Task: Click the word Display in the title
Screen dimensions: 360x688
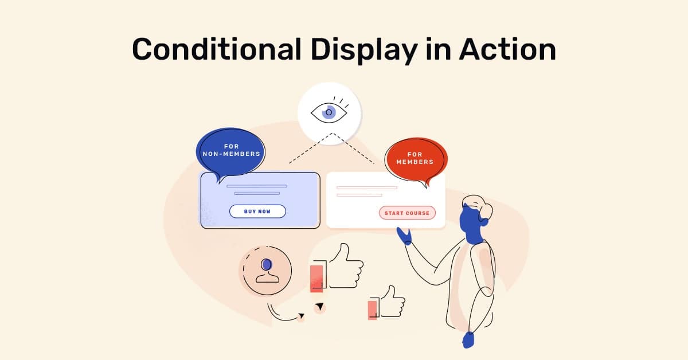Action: pos(363,50)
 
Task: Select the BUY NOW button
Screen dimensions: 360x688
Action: pos(257,212)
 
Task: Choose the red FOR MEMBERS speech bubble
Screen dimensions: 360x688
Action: pos(415,159)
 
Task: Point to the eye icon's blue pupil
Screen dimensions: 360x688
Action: pos(329,112)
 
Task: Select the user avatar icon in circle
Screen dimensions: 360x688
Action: pos(267,271)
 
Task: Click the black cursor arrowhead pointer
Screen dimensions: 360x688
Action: pos(319,307)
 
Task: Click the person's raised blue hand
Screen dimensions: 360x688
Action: pos(404,236)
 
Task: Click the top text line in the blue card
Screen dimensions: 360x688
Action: pos(257,186)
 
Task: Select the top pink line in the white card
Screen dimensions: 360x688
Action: pos(366,187)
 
